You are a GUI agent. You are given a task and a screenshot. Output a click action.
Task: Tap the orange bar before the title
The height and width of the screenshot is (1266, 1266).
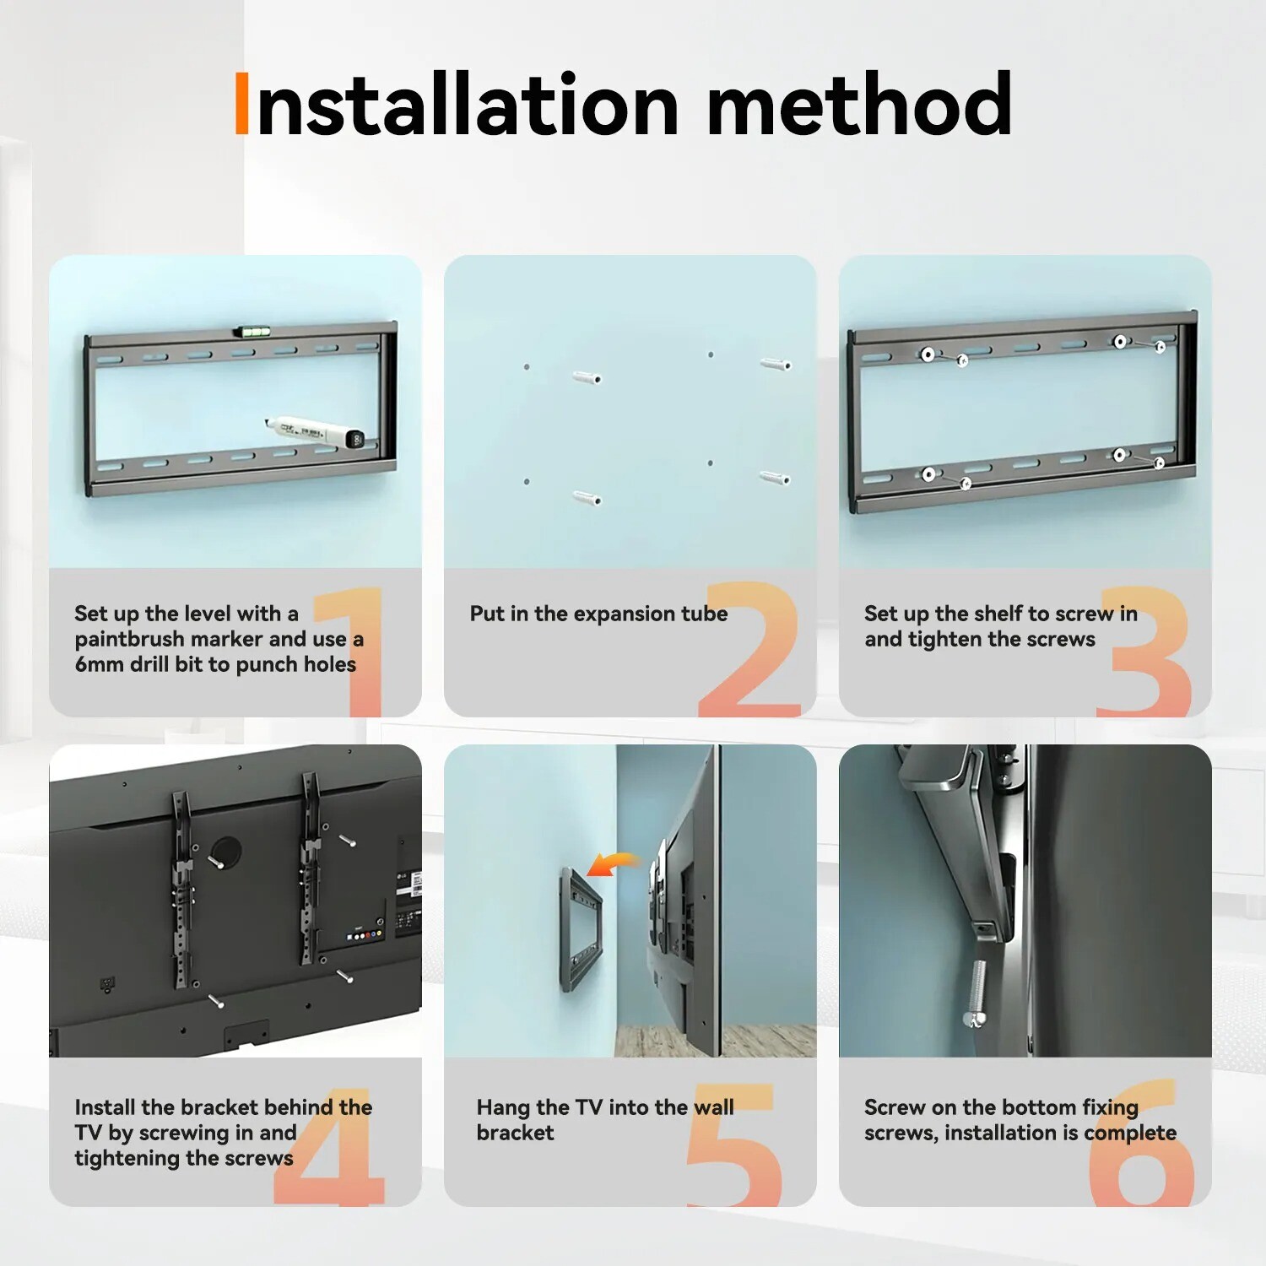click(x=241, y=104)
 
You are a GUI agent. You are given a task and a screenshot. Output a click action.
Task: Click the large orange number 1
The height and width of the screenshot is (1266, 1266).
click(x=353, y=650)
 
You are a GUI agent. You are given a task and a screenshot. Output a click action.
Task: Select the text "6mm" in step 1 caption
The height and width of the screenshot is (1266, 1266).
click(x=99, y=664)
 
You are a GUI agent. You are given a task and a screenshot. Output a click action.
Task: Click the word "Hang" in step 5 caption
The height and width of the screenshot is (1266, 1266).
click(x=503, y=1106)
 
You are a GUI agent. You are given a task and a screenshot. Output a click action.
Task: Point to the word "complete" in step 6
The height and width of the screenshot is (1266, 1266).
click(x=1129, y=1133)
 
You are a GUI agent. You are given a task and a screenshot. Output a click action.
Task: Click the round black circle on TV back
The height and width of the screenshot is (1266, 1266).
click(x=225, y=852)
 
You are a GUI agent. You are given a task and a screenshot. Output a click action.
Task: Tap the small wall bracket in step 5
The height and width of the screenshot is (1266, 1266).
click(x=581, y=928)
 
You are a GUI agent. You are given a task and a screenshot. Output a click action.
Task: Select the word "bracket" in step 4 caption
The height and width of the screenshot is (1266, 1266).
click(x=220, y=1106)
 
